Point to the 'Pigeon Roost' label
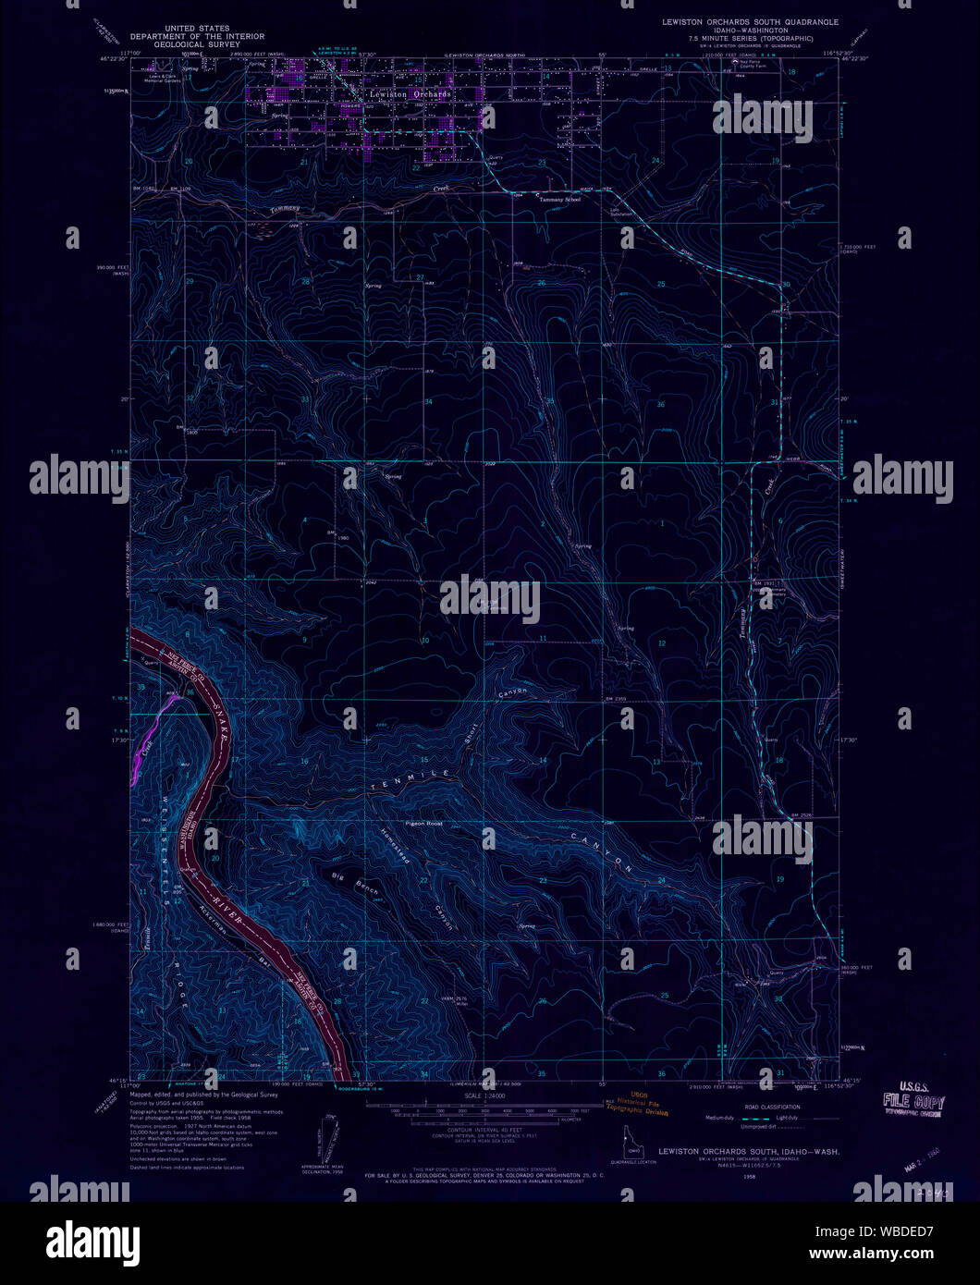coord(424,823)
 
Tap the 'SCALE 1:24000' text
coord(484,1095)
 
